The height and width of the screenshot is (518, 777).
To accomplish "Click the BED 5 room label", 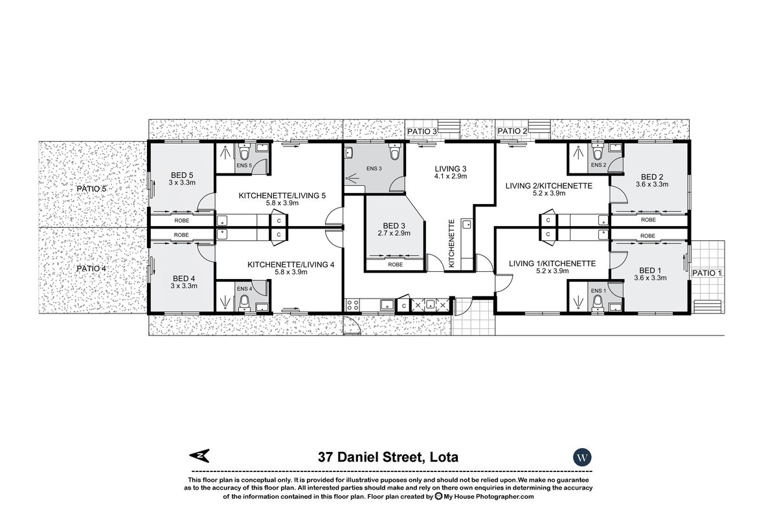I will tap(183, 175).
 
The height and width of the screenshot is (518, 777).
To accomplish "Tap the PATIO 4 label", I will tap(91, 268).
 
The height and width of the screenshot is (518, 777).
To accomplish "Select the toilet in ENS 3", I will tap(394, 153).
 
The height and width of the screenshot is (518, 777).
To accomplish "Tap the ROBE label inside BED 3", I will tap(395, 265).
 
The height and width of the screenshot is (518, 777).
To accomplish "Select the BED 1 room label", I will tap(650, 270).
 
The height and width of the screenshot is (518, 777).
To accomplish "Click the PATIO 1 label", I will tap(706, 273).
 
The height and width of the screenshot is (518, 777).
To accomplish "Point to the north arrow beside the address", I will tap(201, 456).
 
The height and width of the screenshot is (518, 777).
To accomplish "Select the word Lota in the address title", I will tap(443, 456).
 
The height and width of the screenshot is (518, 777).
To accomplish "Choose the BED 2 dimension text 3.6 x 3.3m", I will tap(651, 185).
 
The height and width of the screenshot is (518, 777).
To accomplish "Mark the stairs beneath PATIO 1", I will tap(706, 306).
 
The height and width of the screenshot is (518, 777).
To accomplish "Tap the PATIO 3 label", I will tap(422, 131).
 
